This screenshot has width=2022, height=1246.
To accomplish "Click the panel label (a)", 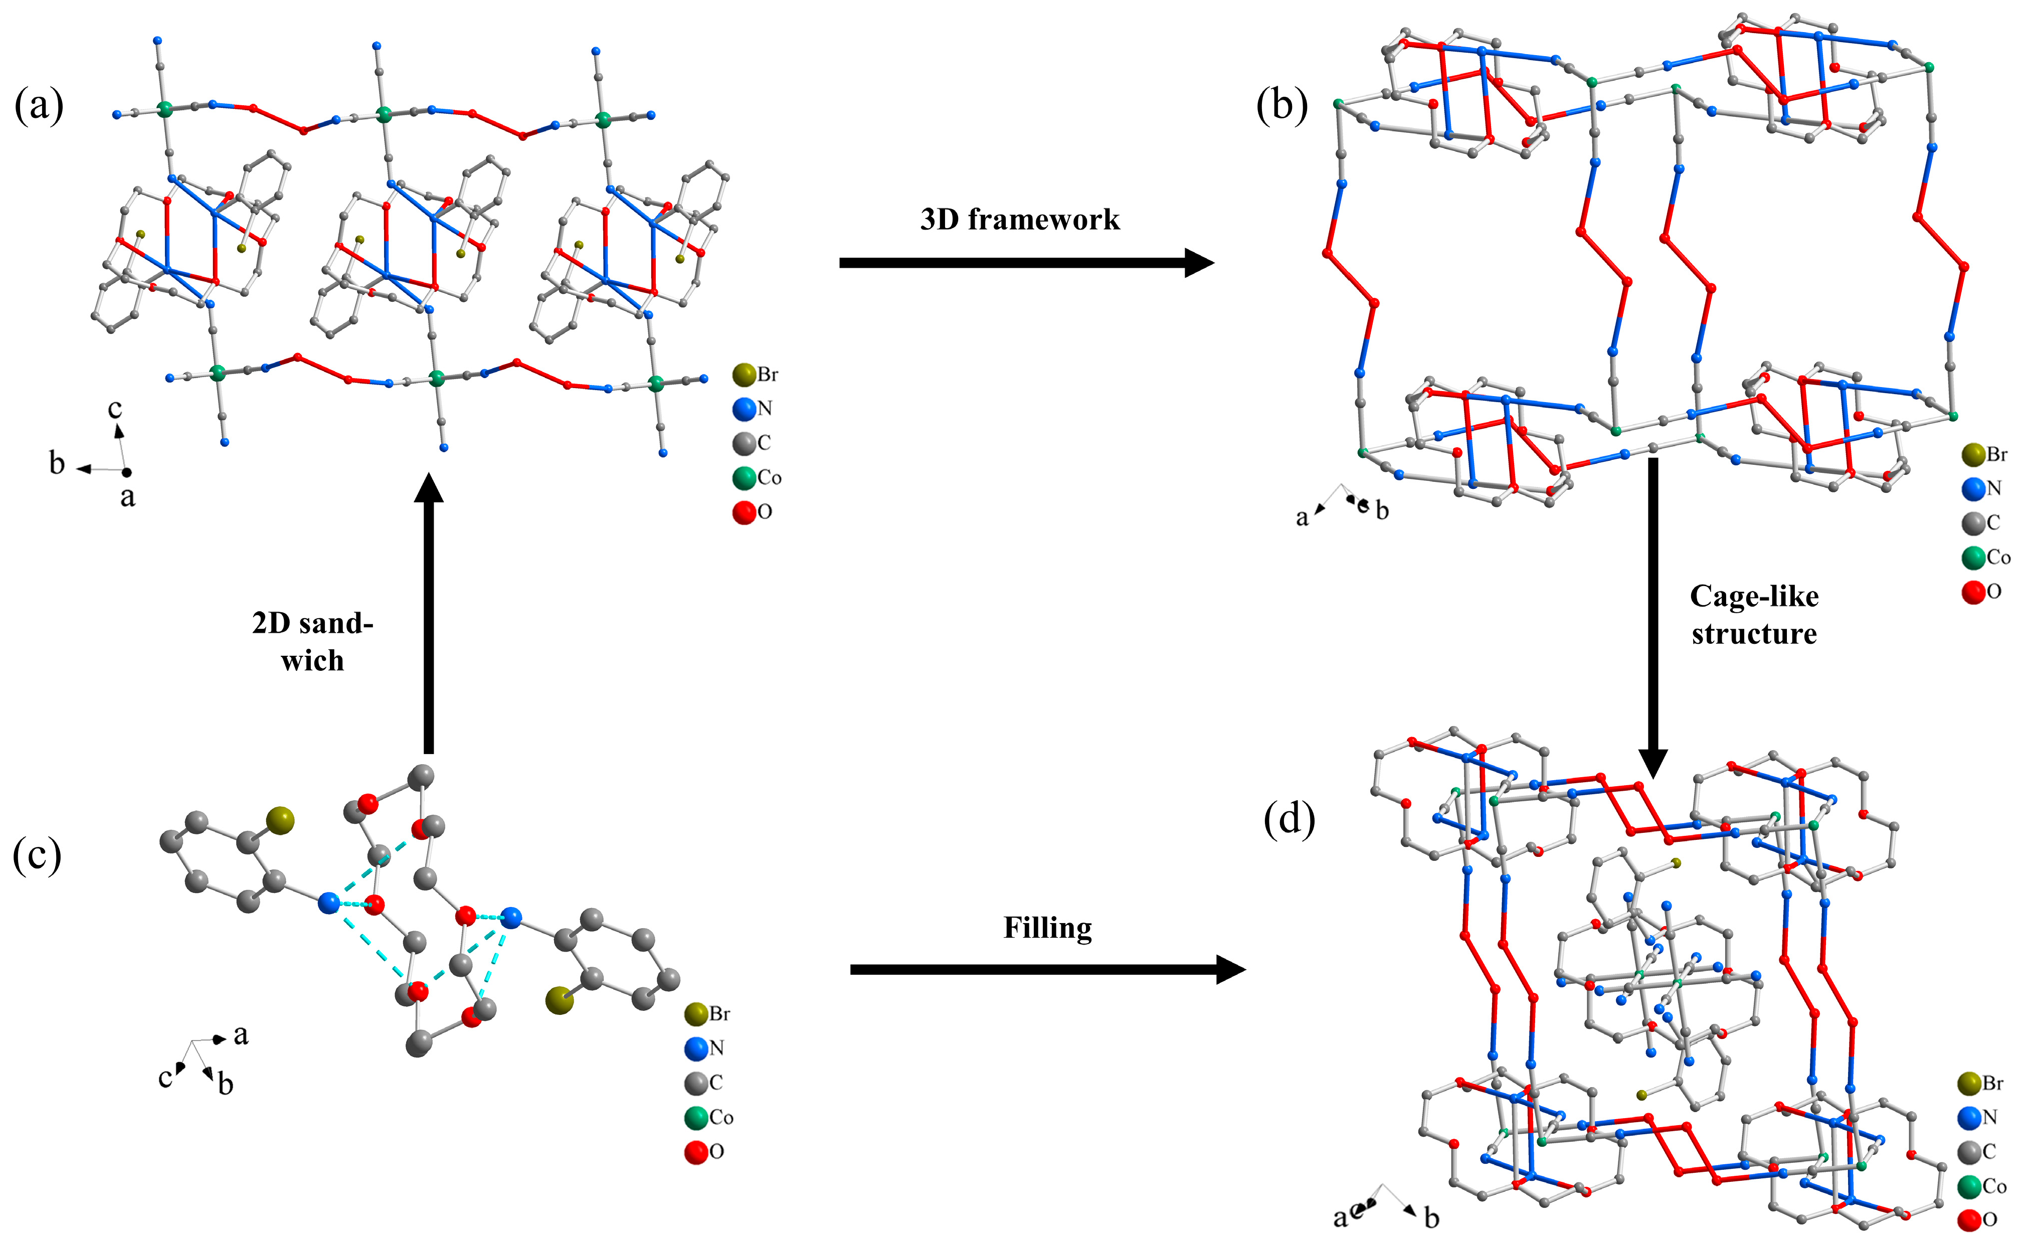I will (39, 106).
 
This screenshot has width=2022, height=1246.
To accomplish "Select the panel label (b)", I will (1281, 106).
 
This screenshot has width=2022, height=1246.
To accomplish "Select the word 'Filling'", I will (1047, 928).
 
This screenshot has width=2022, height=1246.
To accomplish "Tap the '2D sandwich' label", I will (312, 641).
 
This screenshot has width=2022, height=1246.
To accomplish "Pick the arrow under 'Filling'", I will (1046, 970).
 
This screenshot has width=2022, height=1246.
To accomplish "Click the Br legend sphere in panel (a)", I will (744, 375).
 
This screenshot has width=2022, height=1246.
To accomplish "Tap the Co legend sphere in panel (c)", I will (696, 1118).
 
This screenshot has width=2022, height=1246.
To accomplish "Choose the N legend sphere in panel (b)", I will (1973, 489).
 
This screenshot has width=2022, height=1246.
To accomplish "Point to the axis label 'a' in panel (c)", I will (241, 1034).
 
